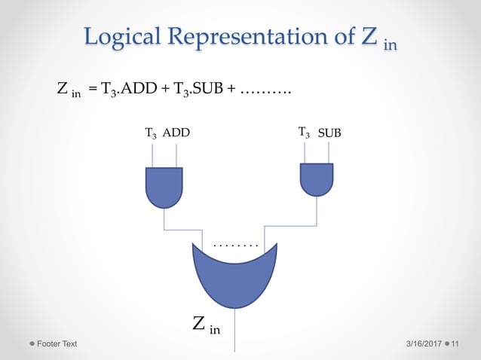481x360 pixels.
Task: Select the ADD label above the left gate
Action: [176, 133]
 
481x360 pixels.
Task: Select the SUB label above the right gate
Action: [329, 133]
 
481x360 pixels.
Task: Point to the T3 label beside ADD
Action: [152, 134]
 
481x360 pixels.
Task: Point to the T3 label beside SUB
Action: [304, 133]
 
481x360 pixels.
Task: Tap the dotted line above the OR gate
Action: [236, 246]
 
